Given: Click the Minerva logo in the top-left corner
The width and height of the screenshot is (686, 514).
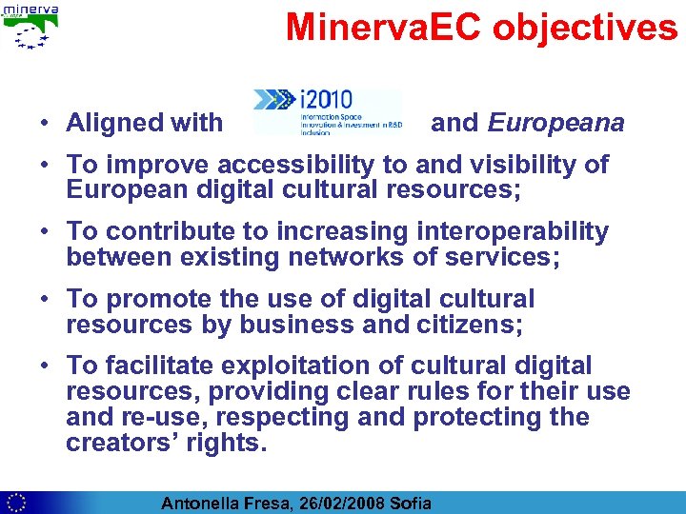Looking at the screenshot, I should (30, 26).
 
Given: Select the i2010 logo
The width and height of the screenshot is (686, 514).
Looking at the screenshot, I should (326, 111).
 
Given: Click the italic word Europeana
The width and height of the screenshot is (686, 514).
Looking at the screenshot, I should (556, 123).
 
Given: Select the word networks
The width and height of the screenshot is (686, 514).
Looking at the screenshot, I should (375, 257).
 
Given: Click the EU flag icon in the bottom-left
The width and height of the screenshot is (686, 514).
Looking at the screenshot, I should (15, 503).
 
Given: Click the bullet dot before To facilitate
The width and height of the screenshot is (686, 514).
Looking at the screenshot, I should (45, 366).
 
